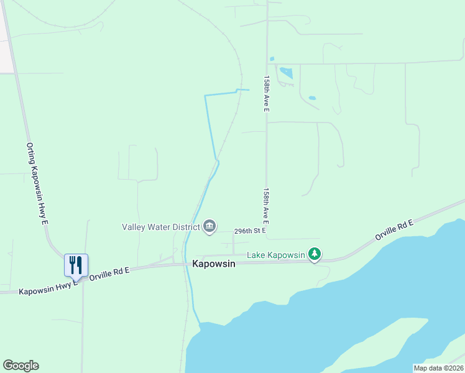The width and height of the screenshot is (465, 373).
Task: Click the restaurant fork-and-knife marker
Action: point(76,265)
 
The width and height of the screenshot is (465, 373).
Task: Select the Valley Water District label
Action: point(160,226)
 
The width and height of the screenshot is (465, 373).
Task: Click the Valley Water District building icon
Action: point(209,226)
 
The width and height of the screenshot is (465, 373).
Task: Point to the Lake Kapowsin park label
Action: point(276,255)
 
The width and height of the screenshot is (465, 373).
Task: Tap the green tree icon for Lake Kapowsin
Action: point(315,254)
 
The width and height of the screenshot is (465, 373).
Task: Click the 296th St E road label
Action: point(250,231)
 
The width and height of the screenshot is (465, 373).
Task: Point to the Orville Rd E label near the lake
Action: point(394,229)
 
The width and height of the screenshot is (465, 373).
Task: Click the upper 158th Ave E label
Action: point(266,94)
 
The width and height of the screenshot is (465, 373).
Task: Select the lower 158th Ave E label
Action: point(265,206)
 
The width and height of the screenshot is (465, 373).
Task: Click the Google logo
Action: point(21,366)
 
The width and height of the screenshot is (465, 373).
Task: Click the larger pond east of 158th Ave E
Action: point(286,73)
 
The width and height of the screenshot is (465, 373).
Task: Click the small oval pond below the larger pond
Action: point(311,98)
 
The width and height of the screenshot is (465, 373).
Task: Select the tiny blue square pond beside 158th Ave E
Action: point(272,60)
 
